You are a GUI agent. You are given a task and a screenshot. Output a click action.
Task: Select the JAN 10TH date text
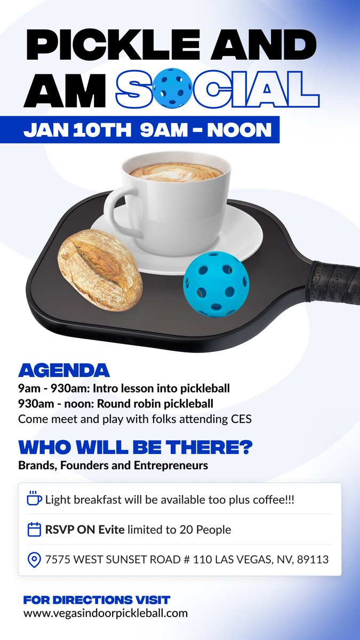click(x=78, y=130)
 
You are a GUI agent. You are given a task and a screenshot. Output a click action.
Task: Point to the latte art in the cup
click(x=176, y=171)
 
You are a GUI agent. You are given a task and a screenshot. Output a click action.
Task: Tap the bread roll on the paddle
click(x=100, y=269)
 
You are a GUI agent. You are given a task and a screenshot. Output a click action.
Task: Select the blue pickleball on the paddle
click(x=216, y=285)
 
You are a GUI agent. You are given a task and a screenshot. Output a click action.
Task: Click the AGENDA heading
click(x=64, y=370)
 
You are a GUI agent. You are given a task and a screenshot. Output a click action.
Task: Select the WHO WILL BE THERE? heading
click(x=135, y=446)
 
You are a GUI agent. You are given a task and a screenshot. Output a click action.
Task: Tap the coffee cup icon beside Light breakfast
click(x=34, y=499)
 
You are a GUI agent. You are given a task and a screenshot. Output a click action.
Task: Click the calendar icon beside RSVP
click(x=34, y=530)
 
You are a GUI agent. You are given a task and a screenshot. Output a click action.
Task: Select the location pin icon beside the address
click(x=34, y=560)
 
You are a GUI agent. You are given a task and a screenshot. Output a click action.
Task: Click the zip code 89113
click(x=314, y=560)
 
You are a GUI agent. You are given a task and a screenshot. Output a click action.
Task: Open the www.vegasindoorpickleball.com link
click(x=106, y=613)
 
